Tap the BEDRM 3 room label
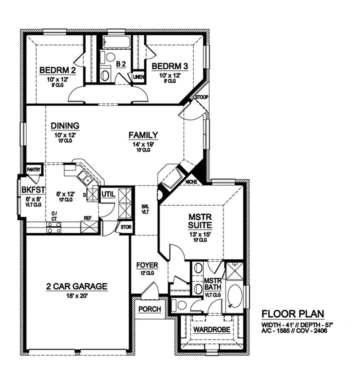[x=170, y=66]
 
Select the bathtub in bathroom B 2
[x=115, y=43]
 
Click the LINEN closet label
[x=138, y=77]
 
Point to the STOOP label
[x=201, y=97]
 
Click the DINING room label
[x=65, y=126]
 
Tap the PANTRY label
[x=34, y=170]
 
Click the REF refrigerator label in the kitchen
[x=88, y=218]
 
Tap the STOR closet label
[x=126, y=228]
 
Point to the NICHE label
[x=192, y=182]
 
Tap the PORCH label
[x=150, y=309]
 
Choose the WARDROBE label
[x=212, y=330]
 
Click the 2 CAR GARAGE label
[x=76, y=286]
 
